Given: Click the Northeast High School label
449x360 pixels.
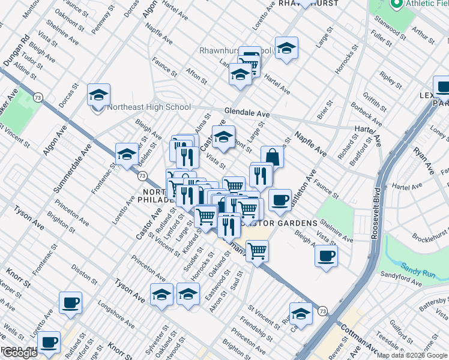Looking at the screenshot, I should [148, 108].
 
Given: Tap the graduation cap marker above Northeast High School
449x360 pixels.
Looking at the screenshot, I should [98, 94].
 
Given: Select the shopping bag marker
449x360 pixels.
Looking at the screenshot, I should [272, 157].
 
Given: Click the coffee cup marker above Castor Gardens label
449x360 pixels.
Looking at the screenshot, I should [279, 200].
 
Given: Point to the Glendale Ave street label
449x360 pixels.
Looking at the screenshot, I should [247, 112].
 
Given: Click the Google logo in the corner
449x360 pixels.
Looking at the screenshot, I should [19, 353].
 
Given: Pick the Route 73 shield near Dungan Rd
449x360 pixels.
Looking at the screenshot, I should [38, 97].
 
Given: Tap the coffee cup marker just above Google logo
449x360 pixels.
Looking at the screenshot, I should [49, 343].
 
